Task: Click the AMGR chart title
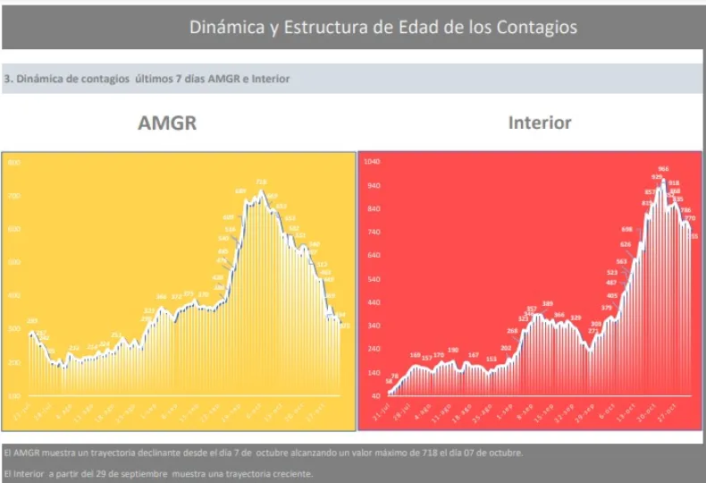pos(167,123)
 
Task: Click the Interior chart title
pos(540,123)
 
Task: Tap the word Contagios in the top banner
pos(532,27)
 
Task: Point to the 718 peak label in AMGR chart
pos(261,182)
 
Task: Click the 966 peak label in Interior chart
pos(664,169)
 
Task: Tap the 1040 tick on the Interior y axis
pos(371,163)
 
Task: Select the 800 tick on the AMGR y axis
pos(13,163)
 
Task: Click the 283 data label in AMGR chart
pos(32,320)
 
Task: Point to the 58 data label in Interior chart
pos(389,380)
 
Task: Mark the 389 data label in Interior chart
pos(547,303)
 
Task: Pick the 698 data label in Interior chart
pos(626,229)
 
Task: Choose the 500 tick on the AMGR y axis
pos(13,263)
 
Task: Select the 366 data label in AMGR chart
pos(161,296)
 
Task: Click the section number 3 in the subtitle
pos(7,79)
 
